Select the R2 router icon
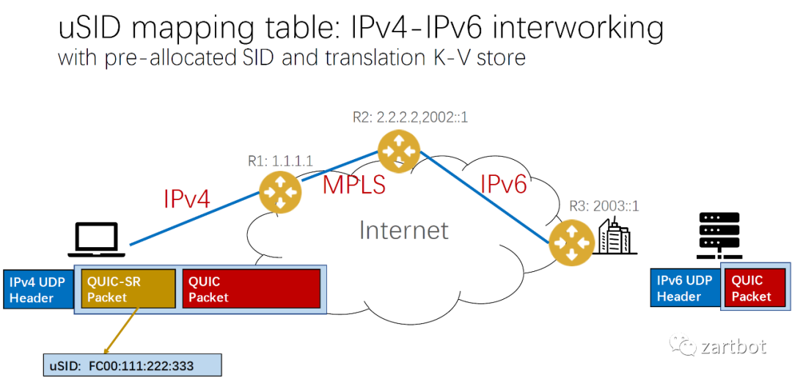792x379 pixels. point(399,151)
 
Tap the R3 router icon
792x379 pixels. point(570,243)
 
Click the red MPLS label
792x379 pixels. point(354,185)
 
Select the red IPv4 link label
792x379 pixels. point(186,199)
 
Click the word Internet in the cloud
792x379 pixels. point(403,230)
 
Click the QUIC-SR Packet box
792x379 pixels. point(129,289)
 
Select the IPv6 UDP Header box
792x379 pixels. point(684,288)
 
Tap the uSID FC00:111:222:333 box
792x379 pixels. point(132,364)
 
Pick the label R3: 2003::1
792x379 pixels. point(604,206)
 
